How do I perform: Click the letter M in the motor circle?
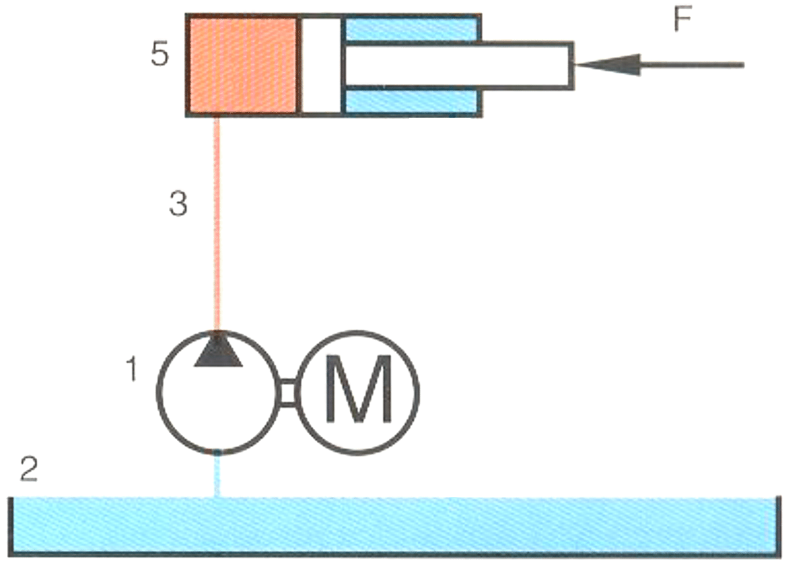click(360, 391)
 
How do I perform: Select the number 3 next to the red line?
click(177, 204)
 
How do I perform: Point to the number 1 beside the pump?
click(132, 370)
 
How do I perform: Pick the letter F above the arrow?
click(683, 20)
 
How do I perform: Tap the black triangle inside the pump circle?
click(218, 352)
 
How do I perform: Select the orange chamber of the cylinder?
click(243, 65)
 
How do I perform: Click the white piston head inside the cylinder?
click(320, 65)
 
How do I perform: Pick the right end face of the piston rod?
click(572, 65)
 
